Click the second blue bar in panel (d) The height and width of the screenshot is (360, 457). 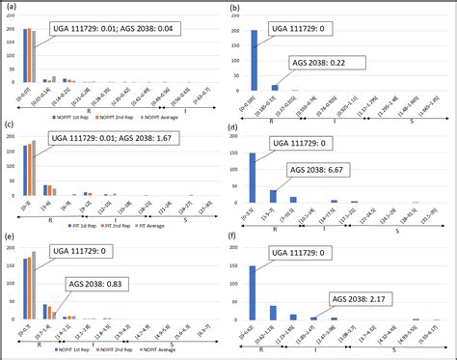(272, 196)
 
